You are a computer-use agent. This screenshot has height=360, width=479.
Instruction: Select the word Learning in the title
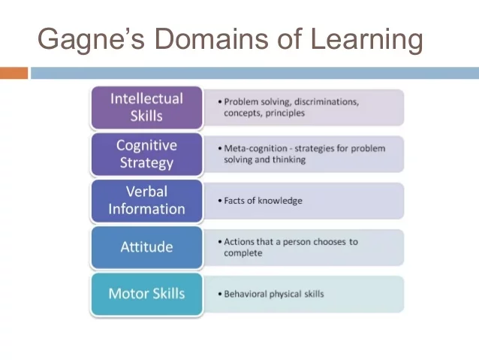pos(360,39)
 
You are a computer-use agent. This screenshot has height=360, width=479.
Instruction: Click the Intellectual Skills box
pos(146,107)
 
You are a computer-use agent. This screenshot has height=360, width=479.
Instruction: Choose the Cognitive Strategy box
pos(146,153)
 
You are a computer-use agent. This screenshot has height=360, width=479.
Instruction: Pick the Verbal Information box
pos(146,200)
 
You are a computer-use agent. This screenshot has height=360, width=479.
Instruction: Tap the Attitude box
pos(146,247)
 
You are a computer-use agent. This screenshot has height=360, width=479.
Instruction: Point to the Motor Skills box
pos(146,293)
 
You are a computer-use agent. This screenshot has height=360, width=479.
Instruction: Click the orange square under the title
pos(14,73)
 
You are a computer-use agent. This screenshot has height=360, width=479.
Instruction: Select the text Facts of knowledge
pos(263,201)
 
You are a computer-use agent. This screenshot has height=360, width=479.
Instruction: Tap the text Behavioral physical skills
pos(274,294)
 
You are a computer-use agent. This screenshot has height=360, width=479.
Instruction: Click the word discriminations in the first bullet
pos(330,101)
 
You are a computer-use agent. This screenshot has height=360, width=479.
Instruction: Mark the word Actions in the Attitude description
pos(239,242)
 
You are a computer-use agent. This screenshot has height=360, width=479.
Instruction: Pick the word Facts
pos(235,201)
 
